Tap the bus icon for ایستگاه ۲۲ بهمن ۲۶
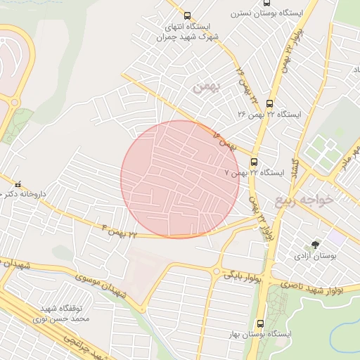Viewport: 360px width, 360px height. pyautogui.click(x=270, y=103)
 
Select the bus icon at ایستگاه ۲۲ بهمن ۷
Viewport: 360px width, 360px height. pyautogui.click(x=254, y=161)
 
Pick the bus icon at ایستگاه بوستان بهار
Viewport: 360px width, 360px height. pyautogui.click(x=261, y=324)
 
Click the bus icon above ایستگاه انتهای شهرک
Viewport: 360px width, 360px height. pyautogui.click(x=186, y=15)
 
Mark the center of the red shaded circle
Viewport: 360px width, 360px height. pyautogui.click(x=180, y=179)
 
